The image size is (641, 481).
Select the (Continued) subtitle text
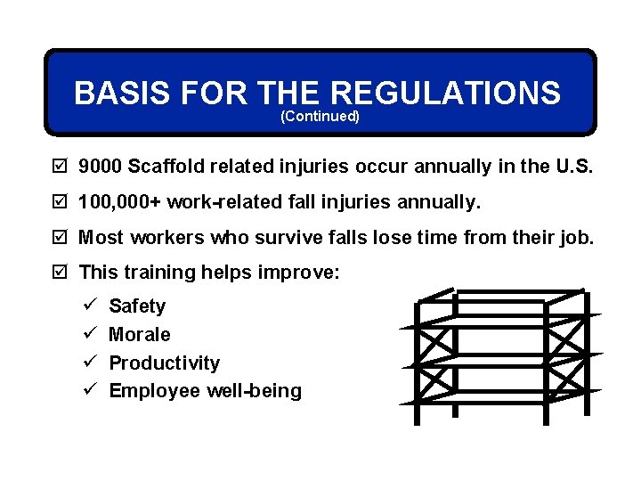tap(320, 117)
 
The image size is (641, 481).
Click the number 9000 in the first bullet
tap(101, 166)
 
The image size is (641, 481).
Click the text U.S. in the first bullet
tap(576, 166)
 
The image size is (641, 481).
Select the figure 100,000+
tap(119, 203)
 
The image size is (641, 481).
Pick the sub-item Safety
tap(137, 306)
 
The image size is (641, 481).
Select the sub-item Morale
tap(139, 335)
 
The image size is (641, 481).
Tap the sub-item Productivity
tap(164, 363)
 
